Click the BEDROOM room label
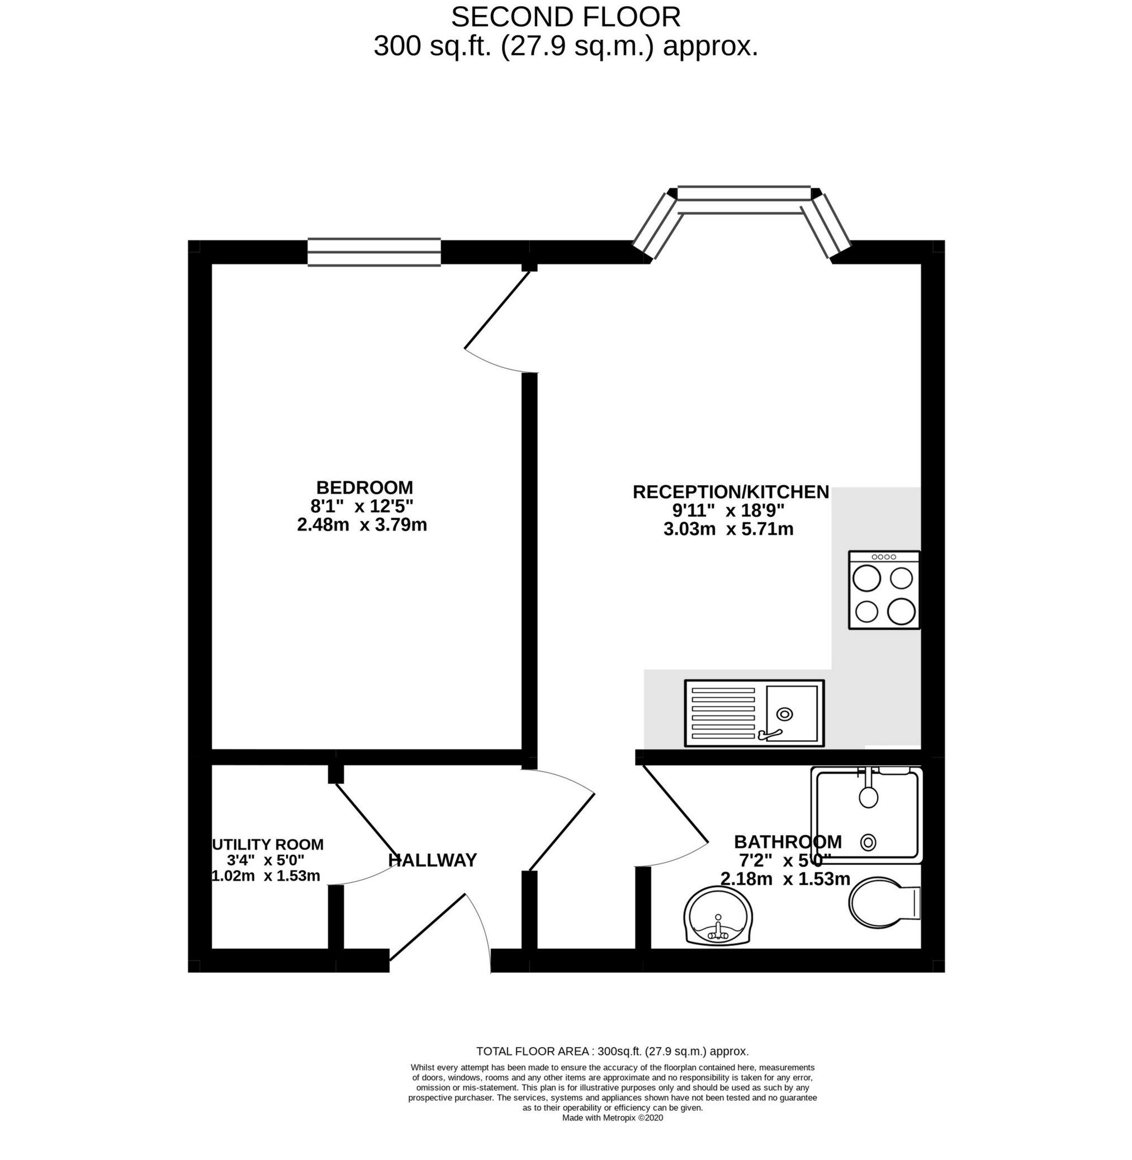click(364, 487)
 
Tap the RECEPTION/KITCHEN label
click(730, 492)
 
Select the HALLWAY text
click(432, 860)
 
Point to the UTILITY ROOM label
click(268, 844)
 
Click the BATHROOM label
click(787, 841)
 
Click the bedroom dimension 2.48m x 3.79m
click(362, 525)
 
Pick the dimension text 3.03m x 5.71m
click(728, 529)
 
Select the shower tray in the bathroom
click(868, 815)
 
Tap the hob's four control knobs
click(883, 557)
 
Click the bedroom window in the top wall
click(374, 252)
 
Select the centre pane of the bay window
click(744, 200)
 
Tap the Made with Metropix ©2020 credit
click(612, 1117)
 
